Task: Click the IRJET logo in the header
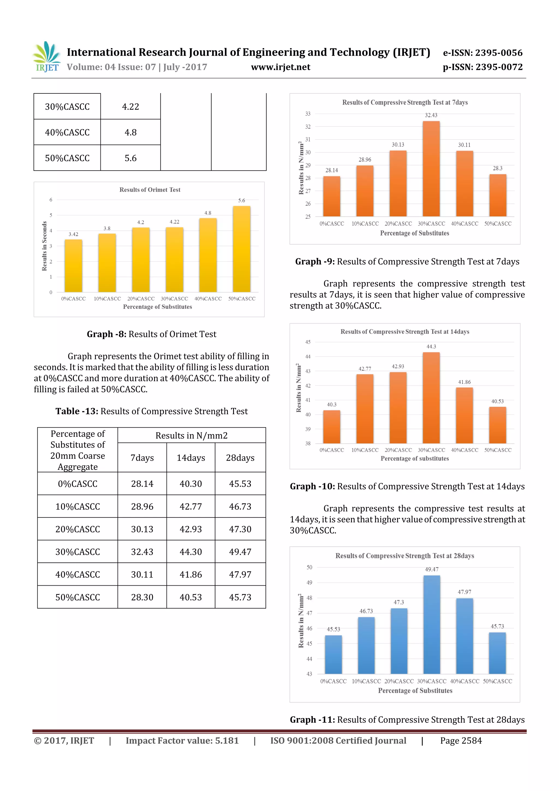46,57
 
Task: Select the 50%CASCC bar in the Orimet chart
242,249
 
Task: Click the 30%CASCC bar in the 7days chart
431,169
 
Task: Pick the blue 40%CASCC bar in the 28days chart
464,636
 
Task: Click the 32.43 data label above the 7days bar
431,115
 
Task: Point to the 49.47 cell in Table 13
240,552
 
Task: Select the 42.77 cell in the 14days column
191,506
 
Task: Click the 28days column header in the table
240,458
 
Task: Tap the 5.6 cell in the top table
130,158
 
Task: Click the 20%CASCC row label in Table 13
78,529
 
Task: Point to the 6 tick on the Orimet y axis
51,200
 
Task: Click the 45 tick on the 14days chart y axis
308,342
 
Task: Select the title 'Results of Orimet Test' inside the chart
150,190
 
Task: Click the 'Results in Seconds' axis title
44,246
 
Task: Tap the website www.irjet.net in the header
280,67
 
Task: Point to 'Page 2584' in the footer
461,740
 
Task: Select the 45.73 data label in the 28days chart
497,626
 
